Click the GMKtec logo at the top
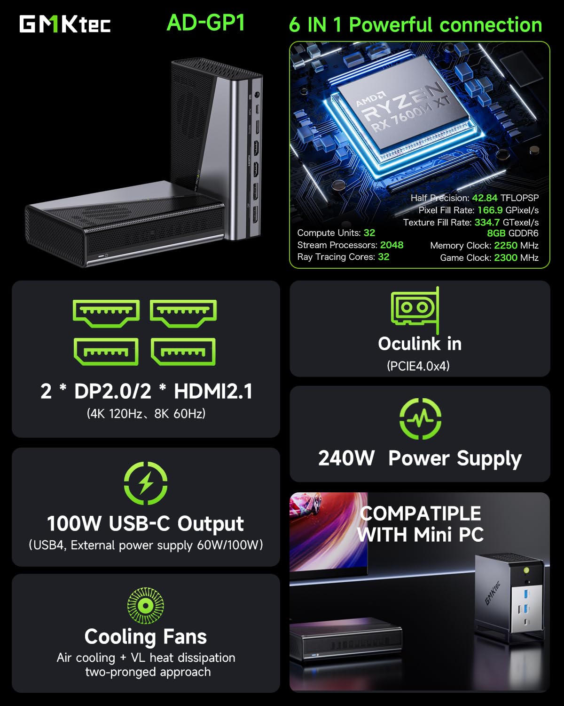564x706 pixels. coord(65,24)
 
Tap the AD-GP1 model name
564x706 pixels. coord(206,23)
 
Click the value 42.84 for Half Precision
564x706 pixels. coord(485,198)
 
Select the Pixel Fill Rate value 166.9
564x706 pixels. coord(490,210)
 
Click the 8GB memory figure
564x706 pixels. coord(496,233)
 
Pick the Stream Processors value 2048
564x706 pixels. coord(392,245)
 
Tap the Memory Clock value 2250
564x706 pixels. coord(506,246)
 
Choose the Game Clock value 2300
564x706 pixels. coord(506,258)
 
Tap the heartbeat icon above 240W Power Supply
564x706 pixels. coord(420,418)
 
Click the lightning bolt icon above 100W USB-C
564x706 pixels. coord(146,483)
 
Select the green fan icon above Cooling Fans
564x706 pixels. coord(146,605)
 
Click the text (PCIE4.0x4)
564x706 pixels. coord(418,366)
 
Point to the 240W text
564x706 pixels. coord(346,458)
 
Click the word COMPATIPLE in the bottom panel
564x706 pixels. coord(420,513)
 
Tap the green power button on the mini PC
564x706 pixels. coord(526,570)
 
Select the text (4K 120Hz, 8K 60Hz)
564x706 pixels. coord(146,414)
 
